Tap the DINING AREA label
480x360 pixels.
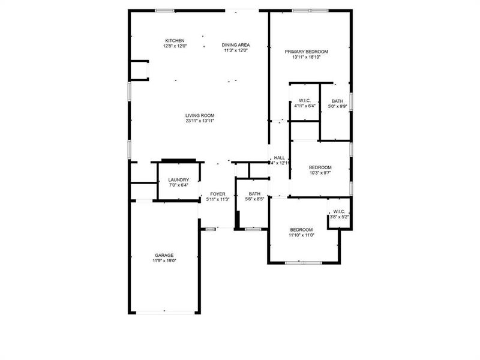[x=236, y=45]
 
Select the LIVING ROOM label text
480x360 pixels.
[x=200, y=115]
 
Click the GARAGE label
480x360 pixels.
[x=164, y=255]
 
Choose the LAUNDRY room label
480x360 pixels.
[x=179, y=179]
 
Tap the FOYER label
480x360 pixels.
[x=217, y=194]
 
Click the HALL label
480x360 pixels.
[x=279, y=158]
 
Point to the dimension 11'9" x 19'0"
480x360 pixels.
[x=164, y=260]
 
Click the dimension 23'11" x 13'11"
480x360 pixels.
[x=200, y=121]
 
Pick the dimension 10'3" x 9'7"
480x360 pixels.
[x=320, y=173]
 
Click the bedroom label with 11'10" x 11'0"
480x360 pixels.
[x=301, y=230]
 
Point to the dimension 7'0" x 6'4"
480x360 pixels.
[x=179, y=185]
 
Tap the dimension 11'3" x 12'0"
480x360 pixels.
[x=236, y=50]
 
